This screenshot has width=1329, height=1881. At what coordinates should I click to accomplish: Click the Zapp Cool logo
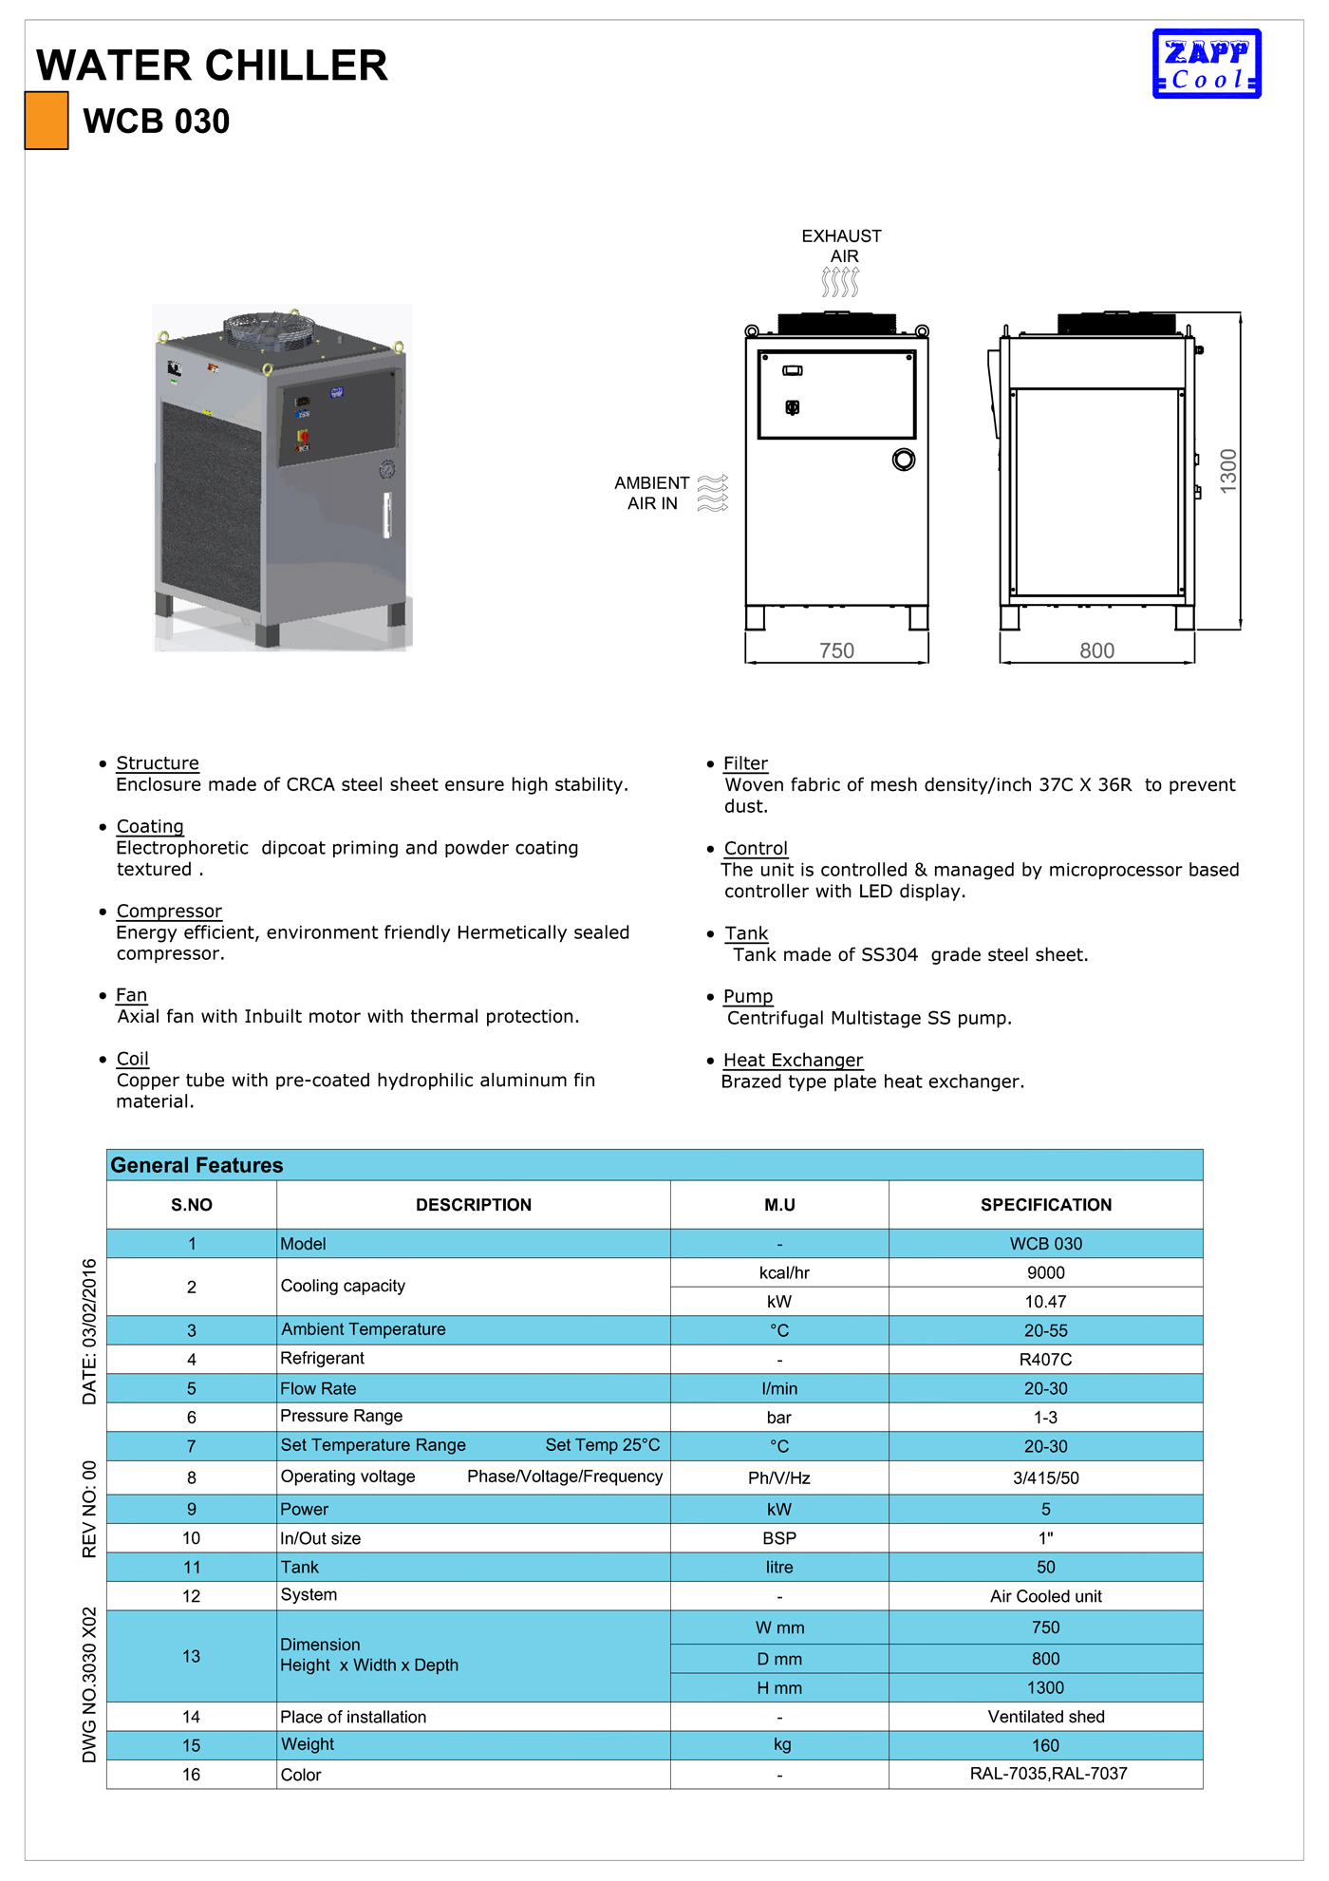pos(1207,64)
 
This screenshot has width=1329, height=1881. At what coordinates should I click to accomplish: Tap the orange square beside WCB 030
pos(47,121)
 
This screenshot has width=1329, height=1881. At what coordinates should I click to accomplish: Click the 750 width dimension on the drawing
pos(836,650)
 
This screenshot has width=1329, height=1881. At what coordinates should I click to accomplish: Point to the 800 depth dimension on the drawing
pos(1096,650)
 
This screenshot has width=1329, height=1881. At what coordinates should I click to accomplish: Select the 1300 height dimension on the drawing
pos(1228,470)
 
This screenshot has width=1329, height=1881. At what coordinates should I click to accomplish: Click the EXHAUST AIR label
pos(841,246)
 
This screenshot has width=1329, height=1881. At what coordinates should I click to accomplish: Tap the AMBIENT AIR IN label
pos(652,493)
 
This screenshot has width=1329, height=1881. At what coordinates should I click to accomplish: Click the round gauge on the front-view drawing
pos(904,460)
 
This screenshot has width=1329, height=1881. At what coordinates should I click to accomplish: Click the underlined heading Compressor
pos(169,911)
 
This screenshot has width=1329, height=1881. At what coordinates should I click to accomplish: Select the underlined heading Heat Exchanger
pos(793,1060)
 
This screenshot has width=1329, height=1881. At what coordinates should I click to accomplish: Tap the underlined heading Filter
pos(745,763)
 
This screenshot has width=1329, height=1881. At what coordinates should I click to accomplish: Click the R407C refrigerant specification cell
pos(1045,1359)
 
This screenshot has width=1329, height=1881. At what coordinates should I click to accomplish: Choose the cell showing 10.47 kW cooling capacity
pos(1045,1301)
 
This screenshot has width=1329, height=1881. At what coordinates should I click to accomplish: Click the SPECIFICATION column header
pos(1045,1205)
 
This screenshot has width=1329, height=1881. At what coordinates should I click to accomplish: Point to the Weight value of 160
pos(1045,1745)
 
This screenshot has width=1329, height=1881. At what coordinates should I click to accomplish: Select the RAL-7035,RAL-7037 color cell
pos(1048,1774)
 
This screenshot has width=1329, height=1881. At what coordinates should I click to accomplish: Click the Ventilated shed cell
pos(1045,1717)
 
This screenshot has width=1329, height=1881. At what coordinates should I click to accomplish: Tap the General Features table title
pos(197,1165)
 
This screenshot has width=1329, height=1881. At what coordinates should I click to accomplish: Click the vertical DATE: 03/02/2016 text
pos(89,1331)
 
